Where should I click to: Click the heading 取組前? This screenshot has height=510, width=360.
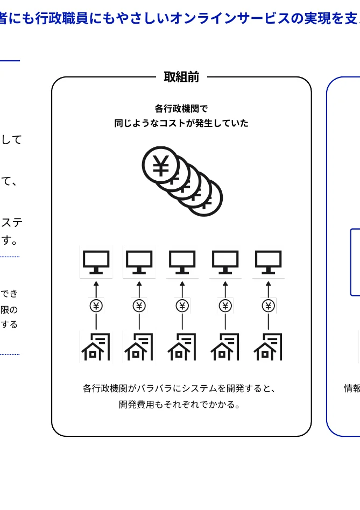click(x=181, y=77)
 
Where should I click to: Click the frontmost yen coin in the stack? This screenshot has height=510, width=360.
click(x=160, y=165)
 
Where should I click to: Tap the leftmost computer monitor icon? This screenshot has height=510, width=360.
click(x=96, y=262)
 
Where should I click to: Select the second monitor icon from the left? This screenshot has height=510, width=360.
click(x=139, y=262)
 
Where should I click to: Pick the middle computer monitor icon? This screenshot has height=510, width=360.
click(x=182, y=262)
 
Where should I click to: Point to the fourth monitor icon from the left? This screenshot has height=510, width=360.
click(x=225, y=262)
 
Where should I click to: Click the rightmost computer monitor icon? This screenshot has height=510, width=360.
click(x=269, y=262)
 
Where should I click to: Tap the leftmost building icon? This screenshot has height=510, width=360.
click(x=96, y=347)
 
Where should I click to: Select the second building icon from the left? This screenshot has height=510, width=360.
click(x=139, y=347)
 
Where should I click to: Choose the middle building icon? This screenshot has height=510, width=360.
click(x=182, y=347)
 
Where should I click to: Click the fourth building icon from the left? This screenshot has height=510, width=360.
click(x=225, y=347)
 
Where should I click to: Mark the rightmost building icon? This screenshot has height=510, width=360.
click(x=268, y=347)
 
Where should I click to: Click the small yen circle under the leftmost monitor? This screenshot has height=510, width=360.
click(x=96, y=306)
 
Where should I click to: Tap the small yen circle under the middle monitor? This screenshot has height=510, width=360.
click(x=182, y=306)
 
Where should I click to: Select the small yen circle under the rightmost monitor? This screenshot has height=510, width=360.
click(x=269, y=306)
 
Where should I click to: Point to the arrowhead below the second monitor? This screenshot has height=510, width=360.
click(x=139, y=284)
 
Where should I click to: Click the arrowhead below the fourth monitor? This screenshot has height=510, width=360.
click(x=225, y=284)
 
